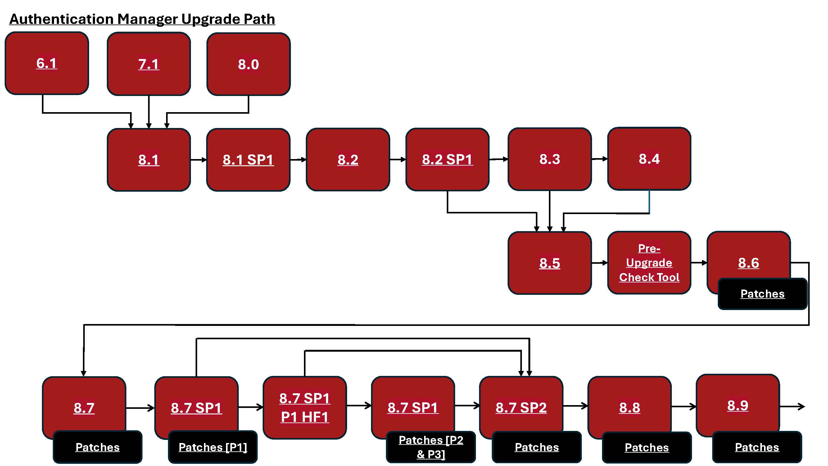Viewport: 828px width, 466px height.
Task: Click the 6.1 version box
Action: pos(47,63)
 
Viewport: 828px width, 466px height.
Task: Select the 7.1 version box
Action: pos(149,64)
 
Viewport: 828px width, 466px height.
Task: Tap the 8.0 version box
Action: pos(248,64)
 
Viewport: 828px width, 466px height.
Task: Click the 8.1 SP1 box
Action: pos(248,159)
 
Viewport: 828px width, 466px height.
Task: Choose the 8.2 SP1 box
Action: pos(447,159)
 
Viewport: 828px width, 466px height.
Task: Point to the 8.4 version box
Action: pos(649,158)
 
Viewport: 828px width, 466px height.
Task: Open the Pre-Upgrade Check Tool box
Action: pos(649,263)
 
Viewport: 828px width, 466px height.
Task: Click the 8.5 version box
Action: pos(550,263)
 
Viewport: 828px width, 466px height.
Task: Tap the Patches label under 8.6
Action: pos(762,294)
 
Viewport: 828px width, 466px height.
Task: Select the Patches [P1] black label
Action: pos(213,447)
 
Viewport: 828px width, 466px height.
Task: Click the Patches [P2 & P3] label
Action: pos(431,447)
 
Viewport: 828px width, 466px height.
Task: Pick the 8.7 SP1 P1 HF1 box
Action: pos(305,408)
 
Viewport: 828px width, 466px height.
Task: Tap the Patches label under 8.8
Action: pos(647,447)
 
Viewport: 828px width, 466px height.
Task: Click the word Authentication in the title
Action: pos(61,19)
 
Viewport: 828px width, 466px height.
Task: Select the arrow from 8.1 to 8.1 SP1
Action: pos(199,159)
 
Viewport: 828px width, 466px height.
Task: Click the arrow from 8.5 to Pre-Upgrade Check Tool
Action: pos(600,263)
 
